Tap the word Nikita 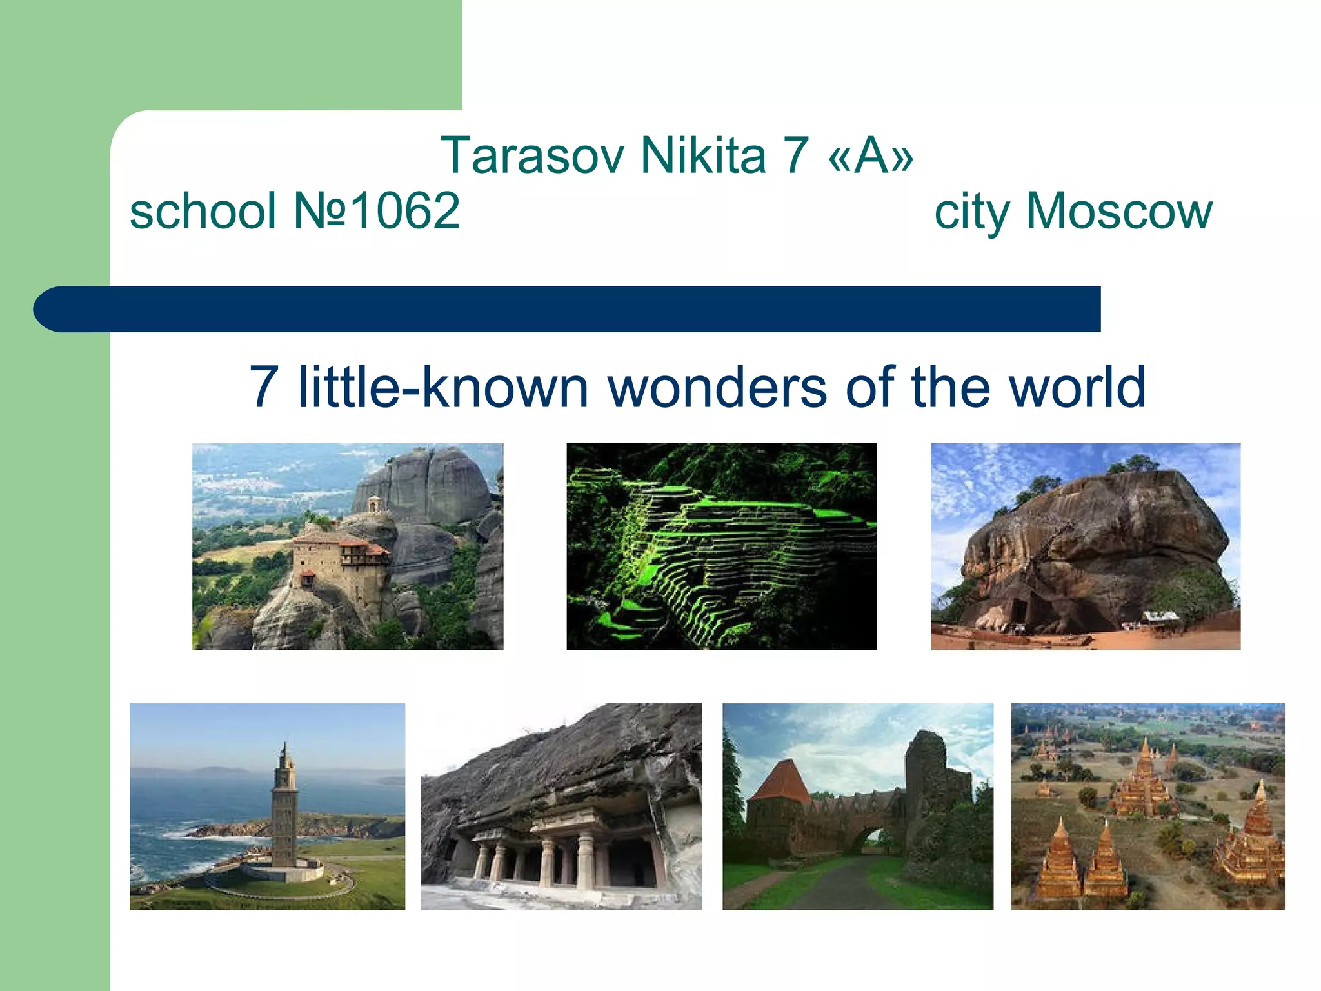pyautogui.click(x=702, y=156)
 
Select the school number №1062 pyautogui.click(x=377, y=211)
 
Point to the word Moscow pyautogui.click(x=1118, y=211)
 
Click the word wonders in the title pyautogui.click(x=717, y=388)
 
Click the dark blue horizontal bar pyautogui.click(x=568, y=309)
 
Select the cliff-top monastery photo pyautogui.click(x=348, y=546)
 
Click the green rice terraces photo pyautogui.click(x=721, y=546)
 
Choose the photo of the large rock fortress pyautogui.click(x=1085, y=546)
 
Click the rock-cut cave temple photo pyautogui.click(x=561, y=806)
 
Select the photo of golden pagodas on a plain pyautogui.click(x=1147, y=806)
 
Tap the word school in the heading pyautogui.click(x=203, y=211)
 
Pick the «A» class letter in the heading pyautogui.click(x=871, y=156)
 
